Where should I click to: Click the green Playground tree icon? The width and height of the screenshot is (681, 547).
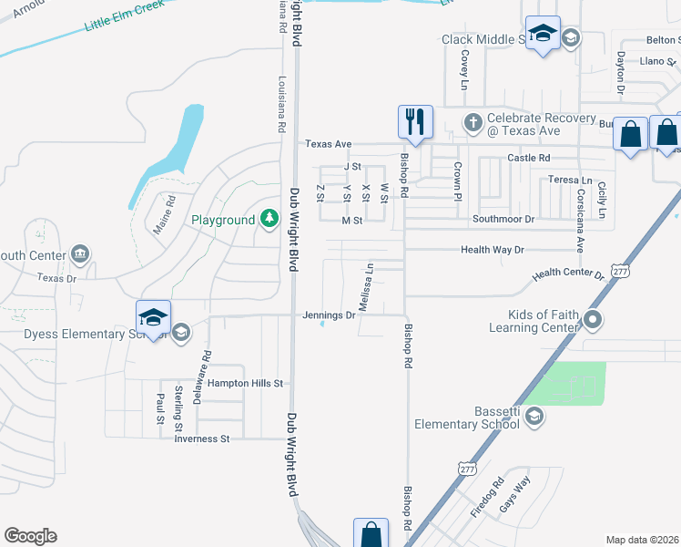pyautogui.click(x=269, y=219)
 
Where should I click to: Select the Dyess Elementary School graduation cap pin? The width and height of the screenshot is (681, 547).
pyautogui.click(x=153, y=317)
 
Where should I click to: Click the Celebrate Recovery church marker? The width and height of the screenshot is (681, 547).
pyautogui.click(x=473, y=122)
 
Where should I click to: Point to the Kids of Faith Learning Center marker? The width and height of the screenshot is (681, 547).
pyautogui.click(x=594, y=319)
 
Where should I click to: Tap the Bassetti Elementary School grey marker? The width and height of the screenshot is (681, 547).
pyautogui.click(x=534, y=417)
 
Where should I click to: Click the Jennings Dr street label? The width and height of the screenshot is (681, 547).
pyautogui.click(x=330, y=315)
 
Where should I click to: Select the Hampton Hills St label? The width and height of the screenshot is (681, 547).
pyautogui.click(x=246, y=384)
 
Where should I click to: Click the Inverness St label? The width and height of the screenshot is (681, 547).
pyautogui.click(x=202, y=439)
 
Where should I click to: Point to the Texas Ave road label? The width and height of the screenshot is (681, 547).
pyautogui.click(x=329, y=144)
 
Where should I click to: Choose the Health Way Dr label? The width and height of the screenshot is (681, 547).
pyautogui.click(x=493, y=249)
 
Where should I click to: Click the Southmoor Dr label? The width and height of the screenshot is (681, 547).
pyautogui.click(x=503, y=220)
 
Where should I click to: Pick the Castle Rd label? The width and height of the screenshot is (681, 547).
pyautogui.click(x=529, y=158)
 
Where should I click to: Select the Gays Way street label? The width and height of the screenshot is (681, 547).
pyautogui.click(x=516, y=496)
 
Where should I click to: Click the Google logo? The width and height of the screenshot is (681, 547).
pyautogui.click(x=30, y=536)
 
